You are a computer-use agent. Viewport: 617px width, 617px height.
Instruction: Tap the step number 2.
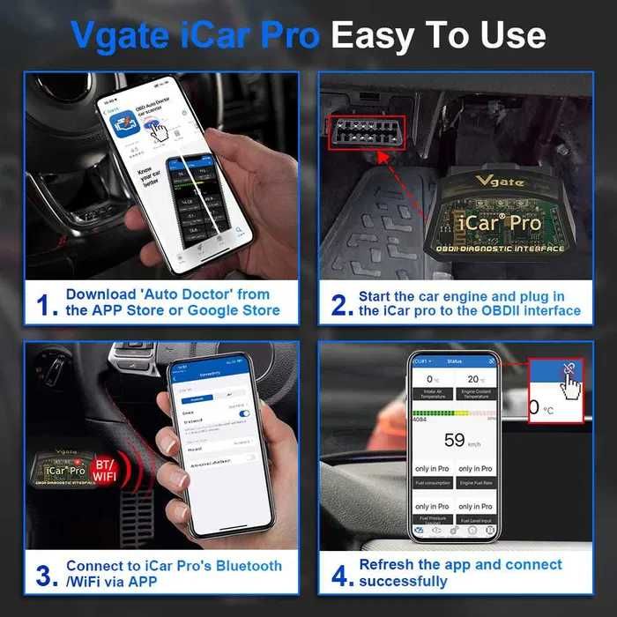point(340,303)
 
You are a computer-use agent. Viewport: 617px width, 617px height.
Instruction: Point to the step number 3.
point(43,575)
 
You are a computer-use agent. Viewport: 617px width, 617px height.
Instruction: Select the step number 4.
point(340,575)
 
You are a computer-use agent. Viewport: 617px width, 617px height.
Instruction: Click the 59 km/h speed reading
point(457,440)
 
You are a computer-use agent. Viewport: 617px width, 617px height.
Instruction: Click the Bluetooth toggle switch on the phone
point(244,413)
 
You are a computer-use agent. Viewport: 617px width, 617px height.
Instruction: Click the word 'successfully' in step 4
point(403,582)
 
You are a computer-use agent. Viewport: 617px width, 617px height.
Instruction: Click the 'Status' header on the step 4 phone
point(455,361)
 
